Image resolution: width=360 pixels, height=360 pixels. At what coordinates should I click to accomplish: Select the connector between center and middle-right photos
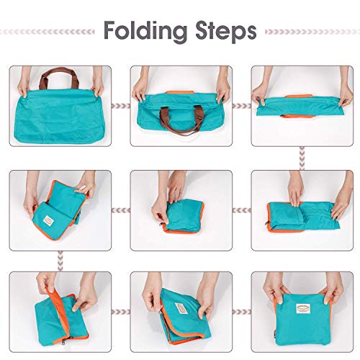(x=240, y=209)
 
